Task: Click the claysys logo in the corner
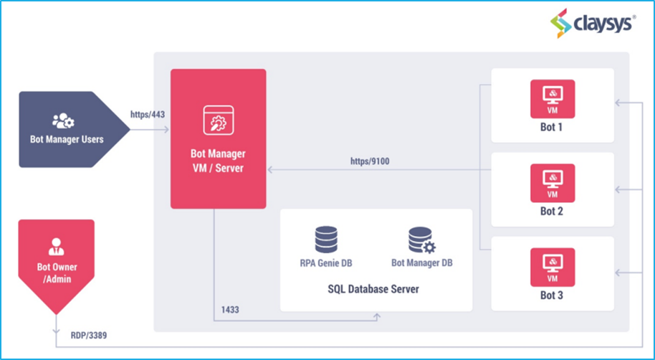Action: tap(592, 24)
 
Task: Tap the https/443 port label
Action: tap(148, 114)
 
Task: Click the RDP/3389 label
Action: tap(89, 335)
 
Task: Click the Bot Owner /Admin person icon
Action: tap(56, 247)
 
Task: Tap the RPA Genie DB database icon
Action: tap(326, 240)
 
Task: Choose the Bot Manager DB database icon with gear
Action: tap(421, 240)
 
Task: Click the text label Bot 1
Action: tap(553, 127)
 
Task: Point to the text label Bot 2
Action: tap(553, 212)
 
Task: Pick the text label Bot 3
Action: tap(553, 295)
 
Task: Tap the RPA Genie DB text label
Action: tap(326, 263)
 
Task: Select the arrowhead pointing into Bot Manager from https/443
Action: tap(166, 130)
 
